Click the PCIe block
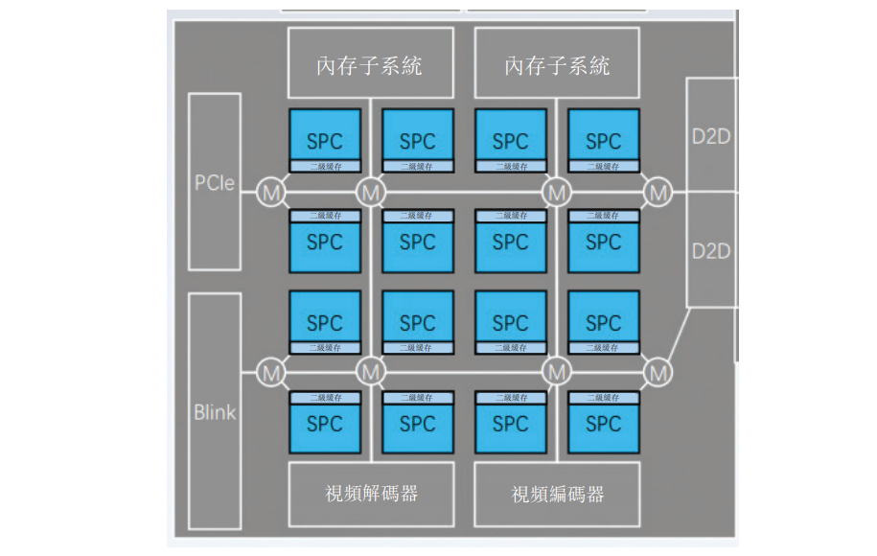214,181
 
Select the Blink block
214,411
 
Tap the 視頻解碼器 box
371,494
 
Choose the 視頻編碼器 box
557,494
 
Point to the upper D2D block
710,135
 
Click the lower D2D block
710,250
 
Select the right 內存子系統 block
557,65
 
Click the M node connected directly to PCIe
272,193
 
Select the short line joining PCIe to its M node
248,193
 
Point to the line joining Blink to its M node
248,371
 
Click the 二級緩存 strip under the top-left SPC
324,167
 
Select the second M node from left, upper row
371,193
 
